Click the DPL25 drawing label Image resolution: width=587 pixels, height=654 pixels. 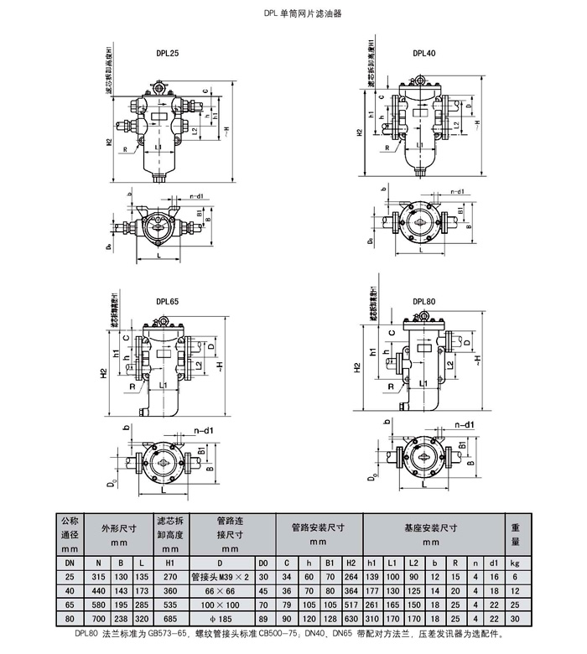(x=167, y=53)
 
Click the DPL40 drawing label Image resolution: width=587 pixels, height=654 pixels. (x=423, y=53)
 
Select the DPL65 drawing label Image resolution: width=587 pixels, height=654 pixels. (x=167, y=300)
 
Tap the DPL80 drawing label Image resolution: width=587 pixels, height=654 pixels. (x=423, y=300)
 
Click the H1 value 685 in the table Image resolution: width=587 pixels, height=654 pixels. (x=171, y=618)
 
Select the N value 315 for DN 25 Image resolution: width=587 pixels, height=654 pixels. (x=99, y=577)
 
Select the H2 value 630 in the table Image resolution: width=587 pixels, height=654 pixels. (x=351, y=618)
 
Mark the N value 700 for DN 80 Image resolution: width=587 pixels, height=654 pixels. (x=99, y=618)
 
